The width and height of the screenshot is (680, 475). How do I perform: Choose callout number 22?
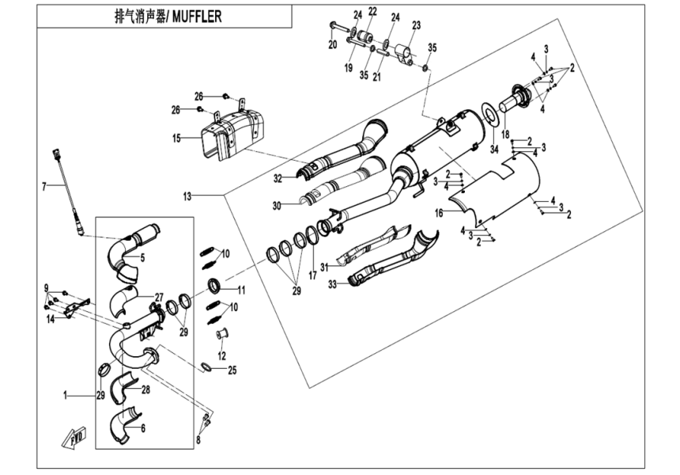[x=372, y=10]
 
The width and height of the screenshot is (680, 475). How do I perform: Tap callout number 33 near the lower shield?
[x=332, y=283]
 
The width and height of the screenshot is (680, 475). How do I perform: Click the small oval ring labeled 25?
[x=206, y=367]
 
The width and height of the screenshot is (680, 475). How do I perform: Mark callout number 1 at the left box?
[x=66, y=393]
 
